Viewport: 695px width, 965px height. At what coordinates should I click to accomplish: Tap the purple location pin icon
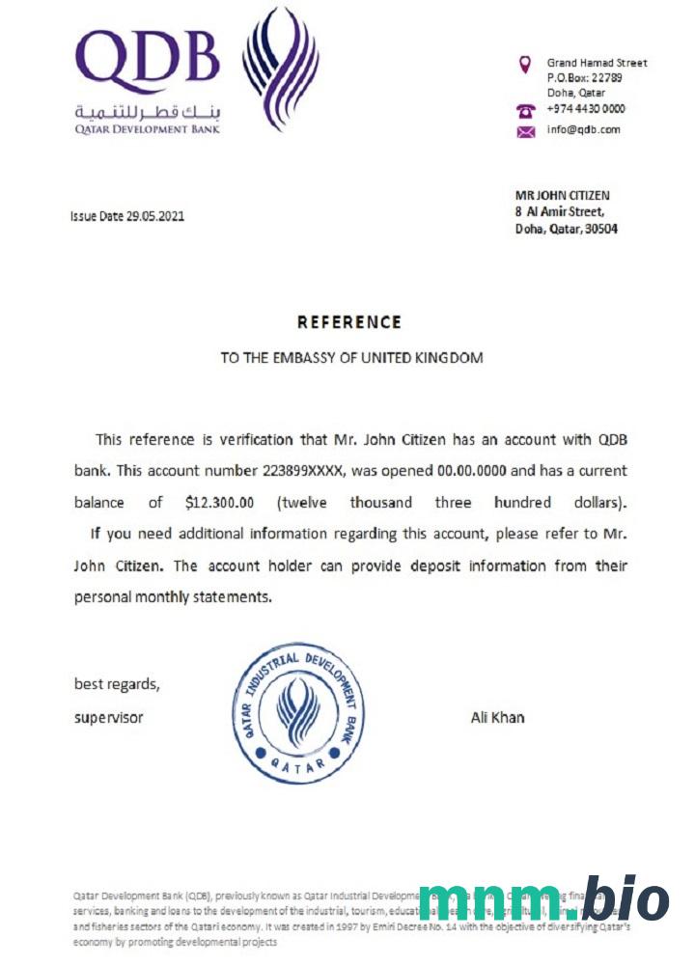point(525,65)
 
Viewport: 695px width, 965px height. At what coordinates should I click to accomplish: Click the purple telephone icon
point(525,110)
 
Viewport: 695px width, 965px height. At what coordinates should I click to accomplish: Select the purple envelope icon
point(525,131)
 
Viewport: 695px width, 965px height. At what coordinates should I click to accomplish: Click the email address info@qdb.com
point(583,129)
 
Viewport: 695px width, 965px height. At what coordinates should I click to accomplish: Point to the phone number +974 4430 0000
point(586,109)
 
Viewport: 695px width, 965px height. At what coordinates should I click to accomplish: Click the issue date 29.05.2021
point(154,216)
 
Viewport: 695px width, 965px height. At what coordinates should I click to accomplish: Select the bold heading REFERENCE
point(348,322)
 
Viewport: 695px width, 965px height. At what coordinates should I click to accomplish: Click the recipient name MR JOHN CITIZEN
point(563,196)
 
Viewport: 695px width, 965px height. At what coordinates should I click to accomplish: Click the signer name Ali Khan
point(497,717)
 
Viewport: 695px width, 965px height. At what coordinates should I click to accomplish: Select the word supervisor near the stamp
point(109,717)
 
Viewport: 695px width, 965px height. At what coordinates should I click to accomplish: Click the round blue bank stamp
point(299,712)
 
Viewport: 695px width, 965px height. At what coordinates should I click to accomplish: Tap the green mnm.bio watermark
point(543,899)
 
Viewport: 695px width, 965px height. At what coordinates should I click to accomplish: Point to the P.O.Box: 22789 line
point(584,78)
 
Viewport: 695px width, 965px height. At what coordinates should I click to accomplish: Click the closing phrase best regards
point(117,684)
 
